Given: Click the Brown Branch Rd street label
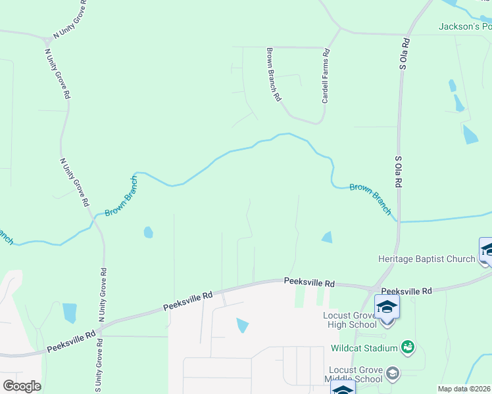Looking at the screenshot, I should pos(274,74).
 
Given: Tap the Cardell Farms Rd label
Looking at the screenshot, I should pos(325,78).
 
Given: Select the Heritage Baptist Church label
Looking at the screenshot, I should pos(426,259).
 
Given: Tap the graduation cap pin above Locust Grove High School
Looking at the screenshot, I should pos(387,307).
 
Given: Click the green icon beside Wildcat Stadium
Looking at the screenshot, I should pos(408,346).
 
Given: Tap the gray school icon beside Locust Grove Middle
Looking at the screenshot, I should pos(393,374).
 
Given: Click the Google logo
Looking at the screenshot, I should pos(22,385).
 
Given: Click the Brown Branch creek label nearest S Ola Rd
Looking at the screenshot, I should pos(370,198).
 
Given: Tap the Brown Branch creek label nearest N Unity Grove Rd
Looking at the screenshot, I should pos(121,196).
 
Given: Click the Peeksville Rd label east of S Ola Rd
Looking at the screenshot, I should pos(406,290).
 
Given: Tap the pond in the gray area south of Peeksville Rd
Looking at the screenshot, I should pos(243,324).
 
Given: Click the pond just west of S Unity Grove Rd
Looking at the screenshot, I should pos(69,313).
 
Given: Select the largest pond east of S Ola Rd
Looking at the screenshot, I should pos(470,134).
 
